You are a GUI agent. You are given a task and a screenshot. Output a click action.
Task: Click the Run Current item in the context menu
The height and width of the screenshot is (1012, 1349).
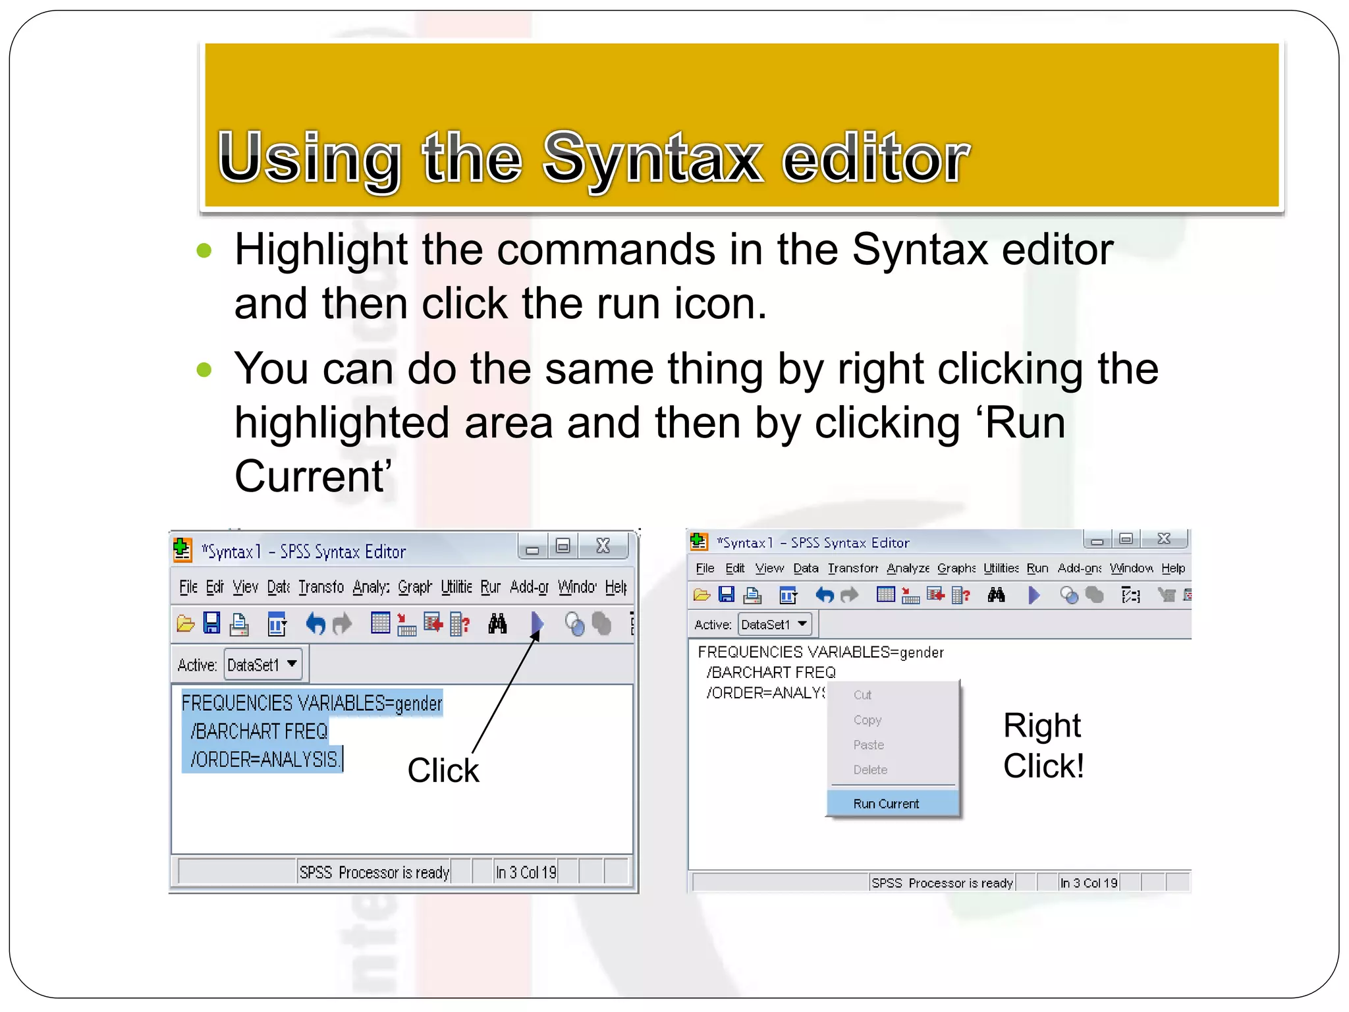[886, 804]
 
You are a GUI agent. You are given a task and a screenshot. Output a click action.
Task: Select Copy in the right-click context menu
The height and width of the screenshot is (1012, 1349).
[867, 720]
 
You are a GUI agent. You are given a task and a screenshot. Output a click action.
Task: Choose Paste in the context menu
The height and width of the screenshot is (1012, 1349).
[868, 745]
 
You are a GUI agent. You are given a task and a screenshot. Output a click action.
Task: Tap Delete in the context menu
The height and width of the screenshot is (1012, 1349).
[869, 770]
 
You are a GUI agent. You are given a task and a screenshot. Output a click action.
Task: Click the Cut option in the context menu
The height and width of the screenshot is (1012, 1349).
[862, 695]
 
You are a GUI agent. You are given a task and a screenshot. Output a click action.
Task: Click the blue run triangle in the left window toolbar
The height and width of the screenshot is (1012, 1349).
[537, 623]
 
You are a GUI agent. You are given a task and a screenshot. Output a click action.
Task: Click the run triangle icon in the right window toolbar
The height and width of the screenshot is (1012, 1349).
[1033, 596]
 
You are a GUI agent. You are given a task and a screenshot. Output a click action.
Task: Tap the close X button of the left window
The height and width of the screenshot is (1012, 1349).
[603, 546]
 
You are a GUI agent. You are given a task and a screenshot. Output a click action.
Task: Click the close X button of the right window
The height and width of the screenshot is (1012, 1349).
[1164, 539]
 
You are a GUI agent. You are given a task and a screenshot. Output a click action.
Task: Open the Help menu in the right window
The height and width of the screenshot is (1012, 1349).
[1173, 568]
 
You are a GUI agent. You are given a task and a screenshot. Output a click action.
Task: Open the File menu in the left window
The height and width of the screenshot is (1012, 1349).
[188, 587]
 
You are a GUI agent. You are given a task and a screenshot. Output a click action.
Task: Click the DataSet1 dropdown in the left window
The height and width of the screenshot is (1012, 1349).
[263, 665]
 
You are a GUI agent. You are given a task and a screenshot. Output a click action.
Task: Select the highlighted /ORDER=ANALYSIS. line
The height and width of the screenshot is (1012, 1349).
[263, 760]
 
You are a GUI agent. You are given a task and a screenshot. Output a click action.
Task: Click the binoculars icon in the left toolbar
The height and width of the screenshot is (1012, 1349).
[497, 623]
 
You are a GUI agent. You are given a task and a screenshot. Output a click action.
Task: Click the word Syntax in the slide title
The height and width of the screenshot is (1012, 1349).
[652, 158]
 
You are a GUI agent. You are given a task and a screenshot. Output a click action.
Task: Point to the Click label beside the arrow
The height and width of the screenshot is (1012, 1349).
[443, 770]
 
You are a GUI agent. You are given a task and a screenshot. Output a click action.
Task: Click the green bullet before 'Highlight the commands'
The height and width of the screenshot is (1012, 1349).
[204, 250]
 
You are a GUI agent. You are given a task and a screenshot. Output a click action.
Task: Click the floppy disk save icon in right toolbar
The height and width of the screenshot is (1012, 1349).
[726, 596]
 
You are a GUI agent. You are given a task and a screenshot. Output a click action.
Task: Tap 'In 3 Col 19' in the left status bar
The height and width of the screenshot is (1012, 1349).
[526, 872]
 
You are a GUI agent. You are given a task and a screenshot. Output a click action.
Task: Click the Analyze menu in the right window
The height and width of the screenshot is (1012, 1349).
[908, 568]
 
